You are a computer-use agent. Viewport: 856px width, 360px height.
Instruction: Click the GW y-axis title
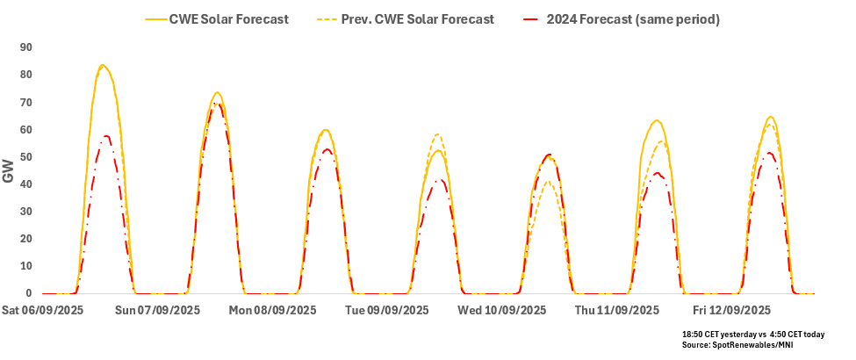8,170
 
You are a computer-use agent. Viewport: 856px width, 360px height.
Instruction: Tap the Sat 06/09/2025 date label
43,310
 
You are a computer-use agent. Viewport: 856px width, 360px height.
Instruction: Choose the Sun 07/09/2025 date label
159,310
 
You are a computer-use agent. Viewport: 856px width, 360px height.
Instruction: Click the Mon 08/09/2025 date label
272,310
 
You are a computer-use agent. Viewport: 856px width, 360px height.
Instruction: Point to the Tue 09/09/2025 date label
387,310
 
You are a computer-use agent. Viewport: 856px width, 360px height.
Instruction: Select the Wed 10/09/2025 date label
502,310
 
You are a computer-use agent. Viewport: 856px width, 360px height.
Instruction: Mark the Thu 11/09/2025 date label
616,310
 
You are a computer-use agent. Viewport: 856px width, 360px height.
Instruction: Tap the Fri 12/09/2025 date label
731,310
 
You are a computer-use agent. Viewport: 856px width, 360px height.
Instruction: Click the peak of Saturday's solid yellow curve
103,65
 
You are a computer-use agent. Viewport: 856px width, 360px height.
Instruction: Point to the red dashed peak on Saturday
106,136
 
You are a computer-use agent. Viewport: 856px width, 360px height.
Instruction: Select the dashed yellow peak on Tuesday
437,134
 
